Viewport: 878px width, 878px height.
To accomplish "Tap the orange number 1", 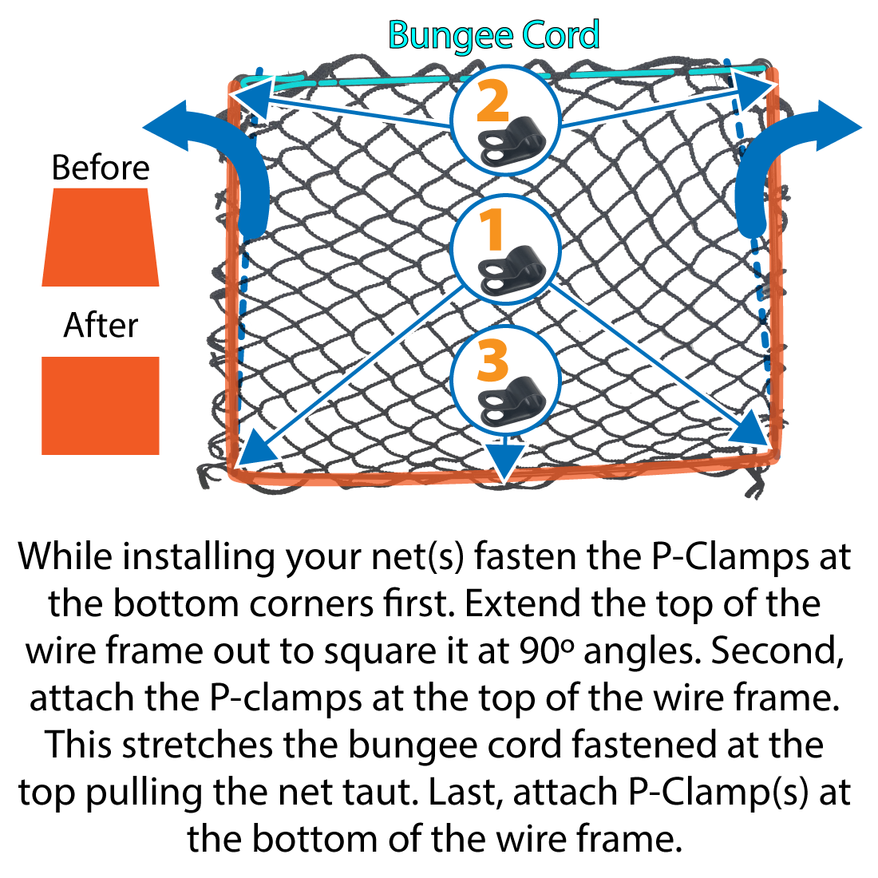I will click(492, 231).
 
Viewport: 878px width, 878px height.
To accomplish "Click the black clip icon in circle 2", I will click(511, 141).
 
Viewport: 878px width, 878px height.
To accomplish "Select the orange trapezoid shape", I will click(101, 237).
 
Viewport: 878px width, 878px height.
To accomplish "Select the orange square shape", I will click(101, 405).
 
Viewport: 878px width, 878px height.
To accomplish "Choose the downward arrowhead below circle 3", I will click(502, 462).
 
